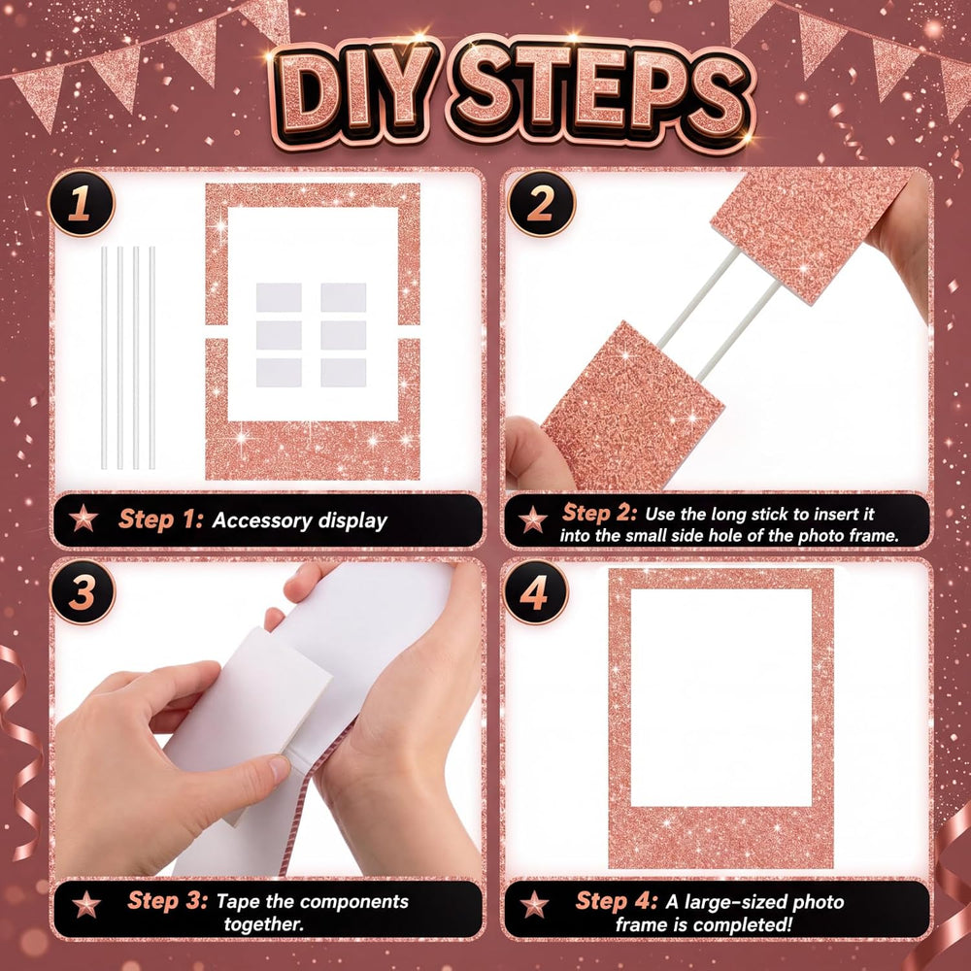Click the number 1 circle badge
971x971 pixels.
82,203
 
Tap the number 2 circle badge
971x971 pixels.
541,203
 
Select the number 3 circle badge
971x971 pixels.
83,592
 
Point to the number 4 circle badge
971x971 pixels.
535,592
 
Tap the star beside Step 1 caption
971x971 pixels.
84,519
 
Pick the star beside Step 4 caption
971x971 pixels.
534,904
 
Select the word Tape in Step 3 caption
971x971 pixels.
238,902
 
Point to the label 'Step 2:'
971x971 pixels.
599,513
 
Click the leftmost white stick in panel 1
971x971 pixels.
104,357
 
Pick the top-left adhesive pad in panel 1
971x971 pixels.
279,297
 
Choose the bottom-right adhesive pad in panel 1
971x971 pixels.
343,373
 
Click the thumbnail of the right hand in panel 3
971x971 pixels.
279,768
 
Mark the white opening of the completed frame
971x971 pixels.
720,697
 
